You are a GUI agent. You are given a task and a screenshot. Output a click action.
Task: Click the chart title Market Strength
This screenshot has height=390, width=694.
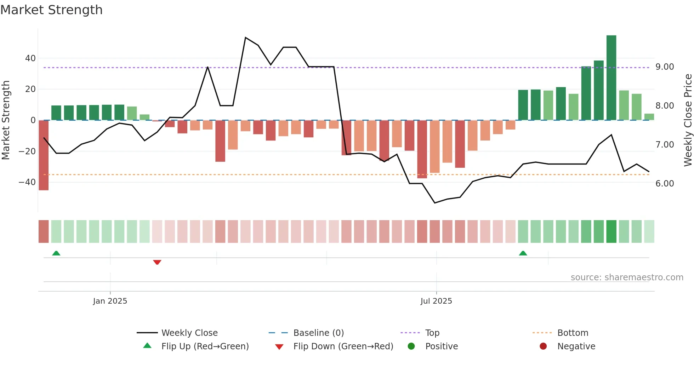pos(51,10)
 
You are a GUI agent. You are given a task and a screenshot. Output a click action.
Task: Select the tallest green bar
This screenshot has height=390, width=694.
pos(611,78)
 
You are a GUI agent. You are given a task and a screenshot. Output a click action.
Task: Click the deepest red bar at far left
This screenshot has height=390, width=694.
pos(44,156)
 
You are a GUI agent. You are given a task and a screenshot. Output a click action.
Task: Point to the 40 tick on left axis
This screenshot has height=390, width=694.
pos(30,58)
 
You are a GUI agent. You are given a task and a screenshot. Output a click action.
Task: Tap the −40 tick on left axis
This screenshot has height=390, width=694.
pos(27,182)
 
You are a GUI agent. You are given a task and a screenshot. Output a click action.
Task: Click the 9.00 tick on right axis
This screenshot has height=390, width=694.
pos(665,67)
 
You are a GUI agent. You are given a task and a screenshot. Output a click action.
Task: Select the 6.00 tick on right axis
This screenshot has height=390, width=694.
pos(665,184)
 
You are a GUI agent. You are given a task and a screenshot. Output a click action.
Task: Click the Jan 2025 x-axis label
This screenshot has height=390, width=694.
pos(110,301)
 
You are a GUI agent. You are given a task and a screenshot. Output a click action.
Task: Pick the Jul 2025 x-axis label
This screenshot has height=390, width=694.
pos(436,301)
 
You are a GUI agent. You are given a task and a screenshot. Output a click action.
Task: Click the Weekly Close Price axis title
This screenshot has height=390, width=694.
pos(688,120)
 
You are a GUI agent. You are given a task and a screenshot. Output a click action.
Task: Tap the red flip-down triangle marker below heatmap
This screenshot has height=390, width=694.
pos(157,262)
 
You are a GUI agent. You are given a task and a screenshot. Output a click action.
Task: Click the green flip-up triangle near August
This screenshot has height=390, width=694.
pos(523,253)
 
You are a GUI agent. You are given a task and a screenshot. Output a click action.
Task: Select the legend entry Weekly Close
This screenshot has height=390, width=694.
pos(189,333)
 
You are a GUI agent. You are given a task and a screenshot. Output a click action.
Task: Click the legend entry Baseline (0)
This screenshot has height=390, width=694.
pos(318,333)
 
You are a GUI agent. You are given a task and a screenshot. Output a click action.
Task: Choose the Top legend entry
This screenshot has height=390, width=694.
pos(432,333)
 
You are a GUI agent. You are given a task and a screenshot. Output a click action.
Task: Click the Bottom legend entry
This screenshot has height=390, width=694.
pos(573,333)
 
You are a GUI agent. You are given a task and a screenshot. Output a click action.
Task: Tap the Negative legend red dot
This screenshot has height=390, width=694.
pos(543,346)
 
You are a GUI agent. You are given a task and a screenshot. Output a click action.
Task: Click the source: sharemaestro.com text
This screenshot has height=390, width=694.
pos(627,277)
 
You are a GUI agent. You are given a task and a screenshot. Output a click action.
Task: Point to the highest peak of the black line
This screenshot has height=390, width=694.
pos(245,38)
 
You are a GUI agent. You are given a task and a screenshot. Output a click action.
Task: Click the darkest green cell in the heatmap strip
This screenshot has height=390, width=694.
pos(611,231)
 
